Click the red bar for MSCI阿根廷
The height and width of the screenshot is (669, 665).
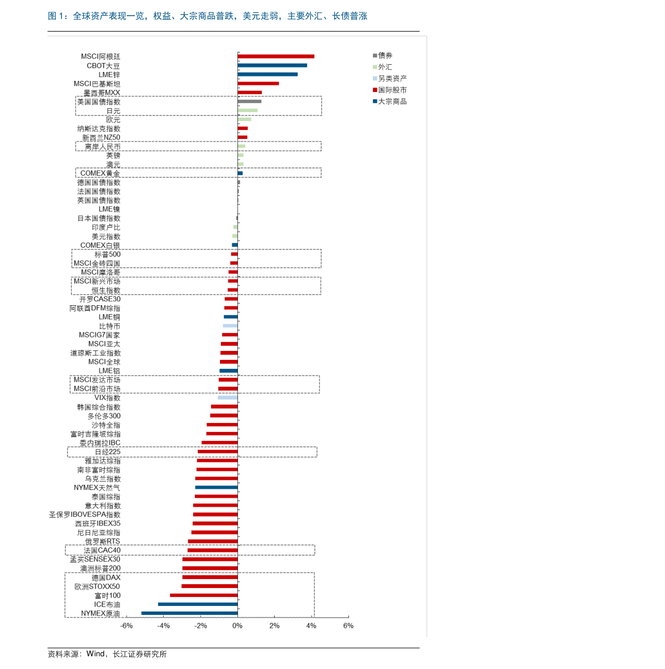pos(276,56)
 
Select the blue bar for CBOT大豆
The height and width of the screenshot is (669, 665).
pos(272,65)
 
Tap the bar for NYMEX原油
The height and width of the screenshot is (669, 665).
pos(189,613)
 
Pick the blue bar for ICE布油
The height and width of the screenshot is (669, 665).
pos(198,604)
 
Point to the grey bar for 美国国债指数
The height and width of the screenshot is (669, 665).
pos(249,102)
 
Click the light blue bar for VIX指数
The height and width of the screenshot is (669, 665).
pos(227,398)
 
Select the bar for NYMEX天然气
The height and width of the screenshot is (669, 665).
pos(217,487)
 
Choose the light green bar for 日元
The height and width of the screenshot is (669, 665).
pos(247,110)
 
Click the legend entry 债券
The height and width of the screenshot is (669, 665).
pos(382,55)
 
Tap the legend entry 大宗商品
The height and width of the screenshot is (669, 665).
pos(390,102)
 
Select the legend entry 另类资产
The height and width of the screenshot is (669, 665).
pos(390,79)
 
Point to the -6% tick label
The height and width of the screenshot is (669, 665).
pos(126,626)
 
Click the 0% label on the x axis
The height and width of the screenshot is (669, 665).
pos(237,626)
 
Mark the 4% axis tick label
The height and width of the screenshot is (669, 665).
pos(311,626)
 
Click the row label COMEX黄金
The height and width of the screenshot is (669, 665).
pos(101,173)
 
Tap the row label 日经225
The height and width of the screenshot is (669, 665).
pos(108,452)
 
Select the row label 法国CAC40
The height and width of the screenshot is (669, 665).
pos(102,550)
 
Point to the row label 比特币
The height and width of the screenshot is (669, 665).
pos(109,326)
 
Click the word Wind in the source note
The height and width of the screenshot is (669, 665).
pos(95,653)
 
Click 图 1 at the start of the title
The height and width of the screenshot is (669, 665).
pos(55,16)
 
